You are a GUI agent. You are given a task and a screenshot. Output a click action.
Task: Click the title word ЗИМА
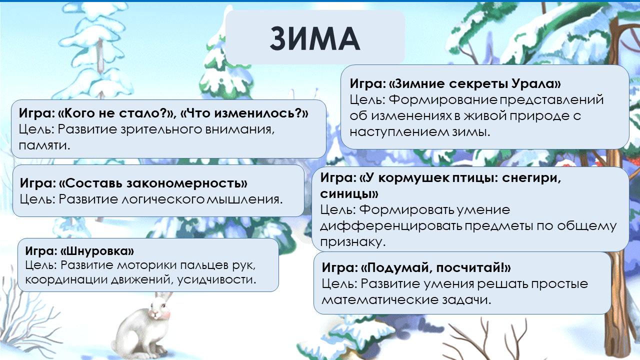coord(315,38)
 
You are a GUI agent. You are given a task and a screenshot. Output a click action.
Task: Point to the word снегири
coord(531,178)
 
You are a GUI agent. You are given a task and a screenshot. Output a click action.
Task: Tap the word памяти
coord(44,145)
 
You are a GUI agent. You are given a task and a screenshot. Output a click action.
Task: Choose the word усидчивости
coord(216,279)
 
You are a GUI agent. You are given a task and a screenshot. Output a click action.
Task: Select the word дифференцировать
coord(391,226)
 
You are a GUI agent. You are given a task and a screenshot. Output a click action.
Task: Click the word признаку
coord(353,242)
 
